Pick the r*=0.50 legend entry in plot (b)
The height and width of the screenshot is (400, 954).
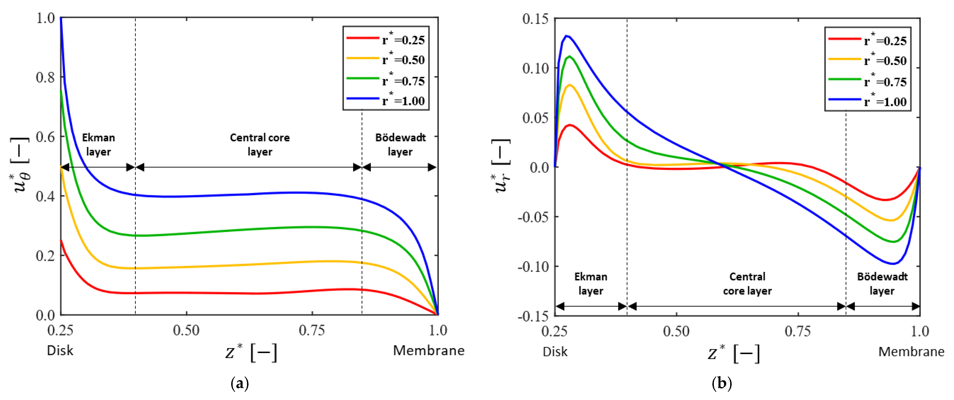click(x=867, y=60)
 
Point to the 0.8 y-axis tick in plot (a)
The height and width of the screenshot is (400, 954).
click(x=45, y=77)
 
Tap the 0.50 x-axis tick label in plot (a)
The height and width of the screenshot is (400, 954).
click(x=186, y=330)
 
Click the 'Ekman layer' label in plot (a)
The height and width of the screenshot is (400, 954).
click(x=98, y=144)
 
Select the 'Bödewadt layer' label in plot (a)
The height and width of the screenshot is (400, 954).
click(x=400, y=144)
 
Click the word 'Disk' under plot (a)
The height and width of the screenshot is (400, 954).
click(x=60, y=350)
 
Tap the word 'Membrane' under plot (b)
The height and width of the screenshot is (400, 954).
click(x=911, y=352)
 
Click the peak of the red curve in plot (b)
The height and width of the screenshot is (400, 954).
click(x=570, y=125)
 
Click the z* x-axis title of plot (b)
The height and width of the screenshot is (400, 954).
click(x=733, y=353)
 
